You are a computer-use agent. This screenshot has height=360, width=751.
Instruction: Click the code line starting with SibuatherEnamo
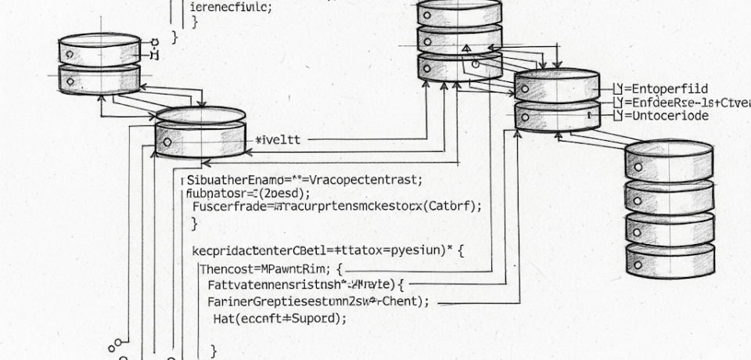coord(304,179)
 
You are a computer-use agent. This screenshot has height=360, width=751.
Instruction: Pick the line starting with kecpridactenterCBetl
coord(328,252)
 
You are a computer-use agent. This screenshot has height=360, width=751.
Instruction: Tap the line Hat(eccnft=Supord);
coord(279,319)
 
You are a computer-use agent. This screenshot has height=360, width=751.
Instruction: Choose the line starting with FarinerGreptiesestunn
coord(318,302)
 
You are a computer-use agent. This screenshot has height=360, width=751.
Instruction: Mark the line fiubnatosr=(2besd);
coord(248,193)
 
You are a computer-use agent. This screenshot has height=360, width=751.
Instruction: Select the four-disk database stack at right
coord(669,207)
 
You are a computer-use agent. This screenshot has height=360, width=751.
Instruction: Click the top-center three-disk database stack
coord(459,39)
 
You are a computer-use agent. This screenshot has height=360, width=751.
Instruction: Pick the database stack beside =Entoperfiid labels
coord(556,100)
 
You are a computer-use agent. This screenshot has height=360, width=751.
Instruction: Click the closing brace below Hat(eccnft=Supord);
coord(214,351)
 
